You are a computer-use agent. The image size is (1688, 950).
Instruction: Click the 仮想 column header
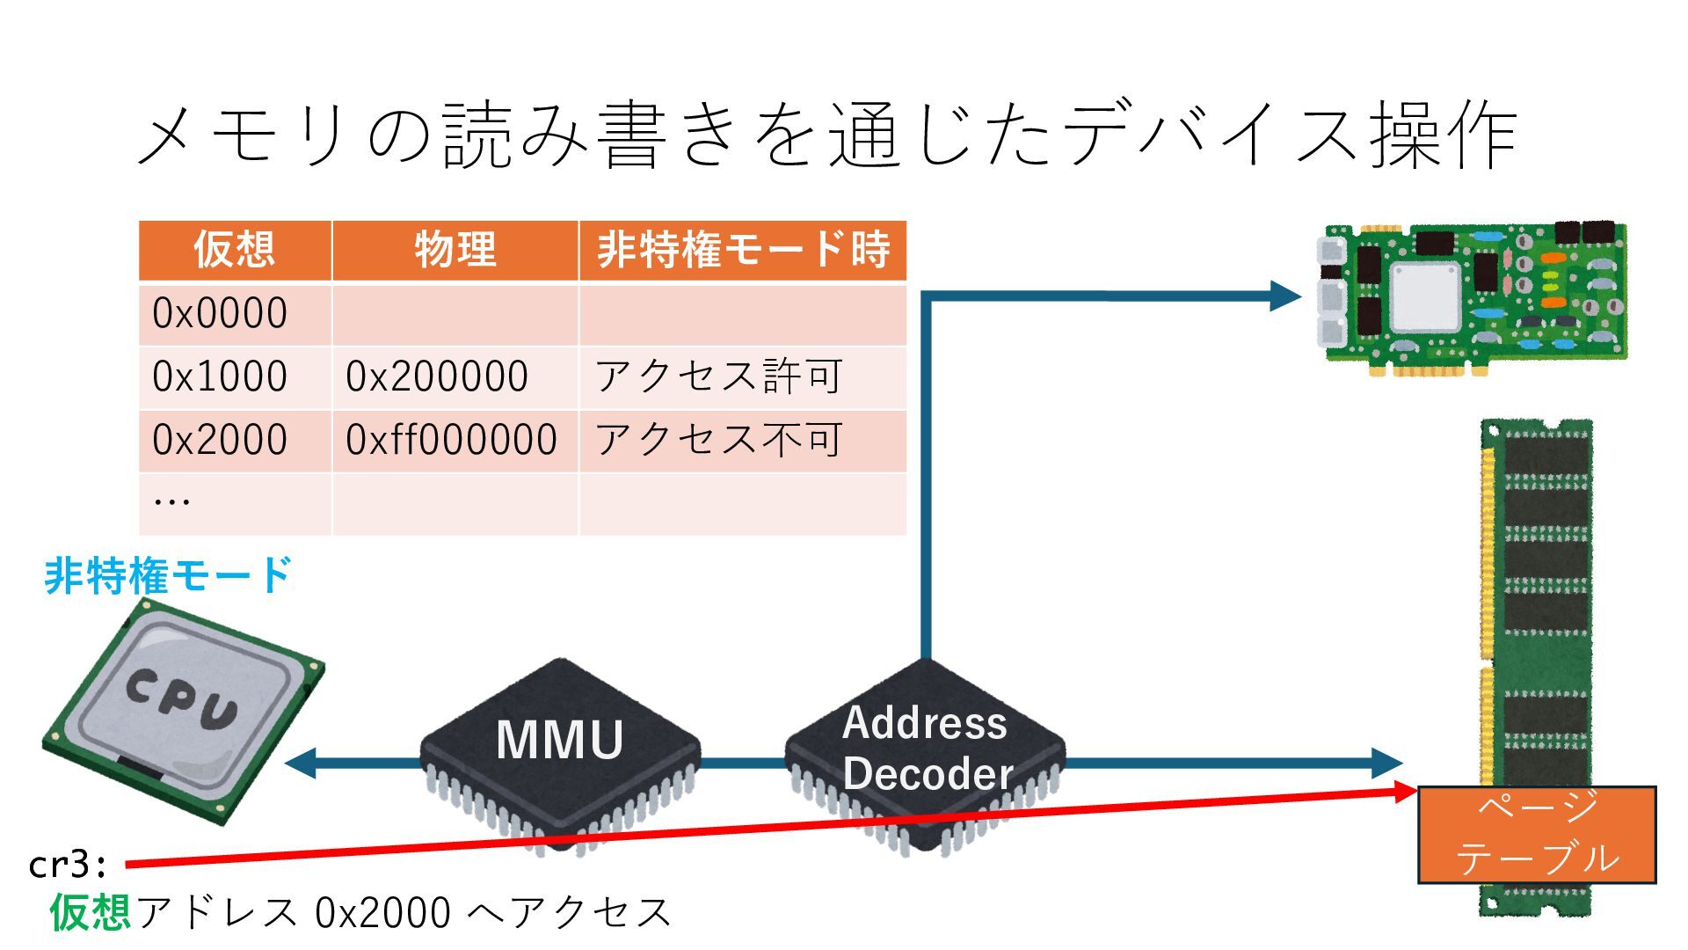point(234,250)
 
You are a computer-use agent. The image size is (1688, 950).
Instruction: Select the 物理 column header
point(455,250)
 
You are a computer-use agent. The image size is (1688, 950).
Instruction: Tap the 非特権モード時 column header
point(743,250)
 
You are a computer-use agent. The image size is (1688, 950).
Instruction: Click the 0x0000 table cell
point(220,313)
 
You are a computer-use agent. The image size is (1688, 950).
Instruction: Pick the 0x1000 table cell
point(220,376)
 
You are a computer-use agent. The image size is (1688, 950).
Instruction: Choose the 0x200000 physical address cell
point(437,376)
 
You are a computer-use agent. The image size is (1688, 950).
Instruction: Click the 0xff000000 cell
point(451,440)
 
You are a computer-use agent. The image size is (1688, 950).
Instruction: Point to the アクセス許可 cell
point(719,376)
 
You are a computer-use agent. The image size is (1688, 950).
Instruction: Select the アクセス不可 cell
point(719,440)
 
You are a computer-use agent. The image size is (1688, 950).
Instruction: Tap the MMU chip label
point(560,740)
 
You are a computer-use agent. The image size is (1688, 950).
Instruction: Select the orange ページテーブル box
point(1537,834)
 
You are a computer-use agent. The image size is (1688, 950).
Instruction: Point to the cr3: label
point(68,866)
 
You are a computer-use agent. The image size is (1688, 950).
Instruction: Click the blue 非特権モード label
point(167,577)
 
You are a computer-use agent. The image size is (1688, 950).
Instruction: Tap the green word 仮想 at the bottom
point(91,912)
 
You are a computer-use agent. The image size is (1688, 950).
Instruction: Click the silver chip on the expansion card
point(1425,296)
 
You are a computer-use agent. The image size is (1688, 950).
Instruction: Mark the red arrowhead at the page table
point(1405,792)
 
